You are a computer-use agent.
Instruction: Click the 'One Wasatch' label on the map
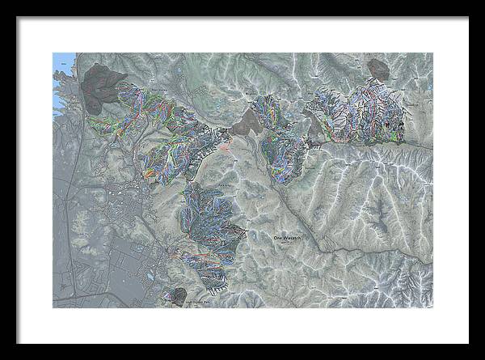(289, 237)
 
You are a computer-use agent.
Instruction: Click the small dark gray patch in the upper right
(377, 70)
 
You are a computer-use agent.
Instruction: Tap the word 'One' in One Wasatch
(278, 237)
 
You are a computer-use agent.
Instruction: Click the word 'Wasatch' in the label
(294, 237)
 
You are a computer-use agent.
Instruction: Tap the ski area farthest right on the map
(380, 113)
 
